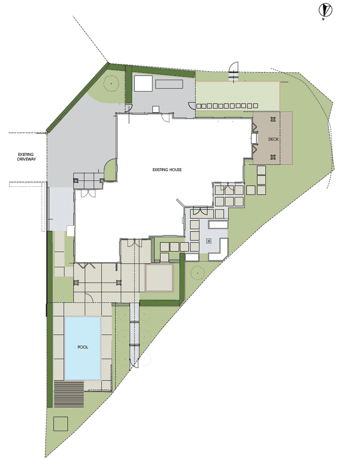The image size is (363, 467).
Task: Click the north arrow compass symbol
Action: [x=325, y=10]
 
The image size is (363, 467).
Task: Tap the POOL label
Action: [x=83, y=347]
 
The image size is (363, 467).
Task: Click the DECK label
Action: [x=273, y=139]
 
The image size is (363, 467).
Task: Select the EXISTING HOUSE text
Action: [x=167, y=170]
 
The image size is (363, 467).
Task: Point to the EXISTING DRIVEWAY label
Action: [x=26, y=157]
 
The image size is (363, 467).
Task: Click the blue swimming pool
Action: [x=83, y=348]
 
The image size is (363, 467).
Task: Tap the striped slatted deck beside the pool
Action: [x=69, y=394]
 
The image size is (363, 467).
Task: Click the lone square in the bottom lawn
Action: [x=60, y=424]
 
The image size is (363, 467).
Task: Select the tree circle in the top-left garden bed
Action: [x=111, y=83]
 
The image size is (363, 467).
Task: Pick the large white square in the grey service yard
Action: [x=143, y=83]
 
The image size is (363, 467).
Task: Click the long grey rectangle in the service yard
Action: [x=169, y=84]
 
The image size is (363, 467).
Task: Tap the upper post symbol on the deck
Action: [x=273, y=119]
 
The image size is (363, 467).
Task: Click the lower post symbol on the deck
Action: [x=273, y=157]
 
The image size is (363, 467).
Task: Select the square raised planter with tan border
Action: [x=159, y=278]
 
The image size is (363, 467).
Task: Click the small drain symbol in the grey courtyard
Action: [x=208, y=241]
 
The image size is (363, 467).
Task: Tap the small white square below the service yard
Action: [x=156, y=109]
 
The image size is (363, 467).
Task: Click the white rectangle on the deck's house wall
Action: [x=254, y=138]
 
